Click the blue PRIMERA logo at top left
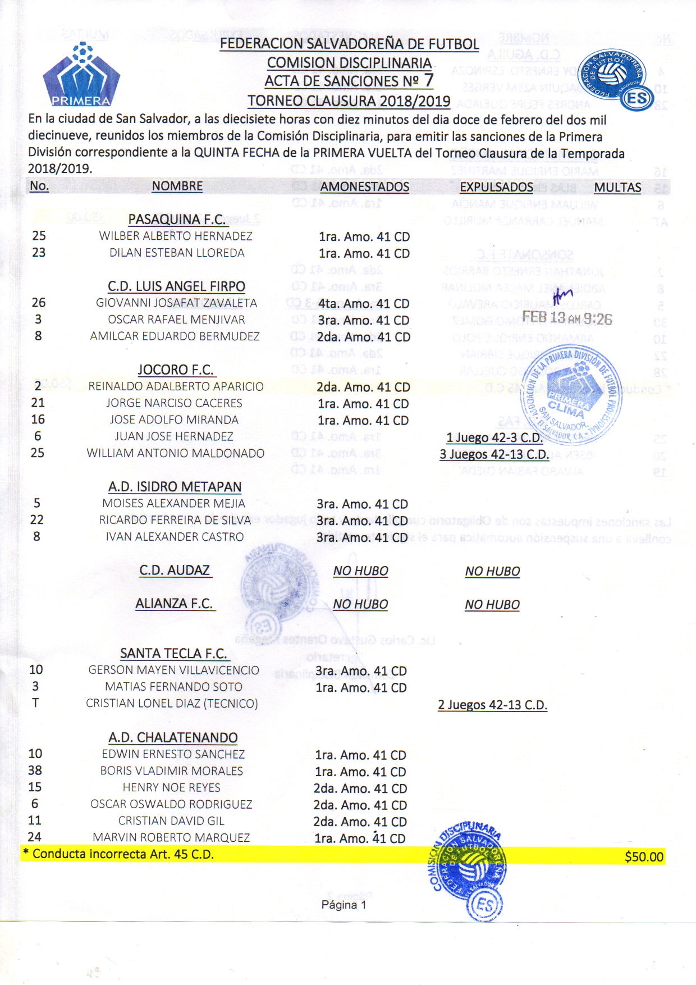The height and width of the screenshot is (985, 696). tap(81, 76)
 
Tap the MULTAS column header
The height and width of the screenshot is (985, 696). tap(617, 188)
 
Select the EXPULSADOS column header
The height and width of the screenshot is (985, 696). tap(496, 188)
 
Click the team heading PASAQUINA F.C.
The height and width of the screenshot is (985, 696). tap(177, 220)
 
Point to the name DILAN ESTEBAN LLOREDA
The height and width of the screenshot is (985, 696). tap(177, 253)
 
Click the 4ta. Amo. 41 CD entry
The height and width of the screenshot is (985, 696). tap(364, 304)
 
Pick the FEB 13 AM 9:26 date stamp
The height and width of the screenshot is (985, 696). tap(567, 318)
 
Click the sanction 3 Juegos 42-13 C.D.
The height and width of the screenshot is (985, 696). tap(494, 454)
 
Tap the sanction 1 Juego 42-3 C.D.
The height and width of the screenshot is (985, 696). tap(494, 437)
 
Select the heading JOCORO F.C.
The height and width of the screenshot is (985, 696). tap(176, 370)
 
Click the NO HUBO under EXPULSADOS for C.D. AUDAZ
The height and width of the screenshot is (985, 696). tap(492, 571)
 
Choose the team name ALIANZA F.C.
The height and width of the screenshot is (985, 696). tap(175, 604)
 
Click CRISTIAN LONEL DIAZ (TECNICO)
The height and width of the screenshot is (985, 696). tap(172, 703)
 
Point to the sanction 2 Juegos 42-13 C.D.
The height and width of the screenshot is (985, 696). tap(492, 705)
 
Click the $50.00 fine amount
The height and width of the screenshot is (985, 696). tap(644, 856)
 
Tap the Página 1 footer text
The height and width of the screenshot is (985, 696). tap(344, 905)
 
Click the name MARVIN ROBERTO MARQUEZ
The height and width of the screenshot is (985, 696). tap(171, 837)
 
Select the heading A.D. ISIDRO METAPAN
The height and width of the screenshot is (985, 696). tap(175, 487)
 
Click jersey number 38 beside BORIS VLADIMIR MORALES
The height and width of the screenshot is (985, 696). tap(35, 770)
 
